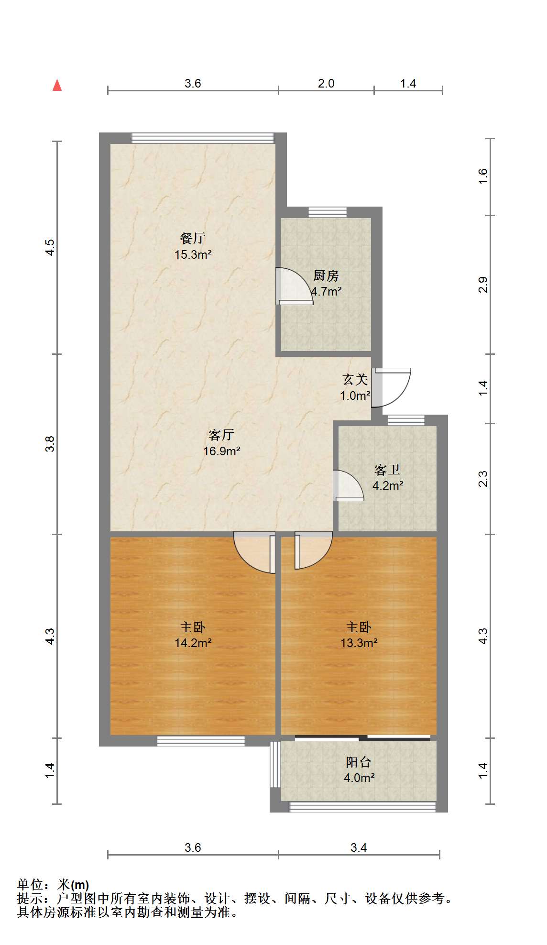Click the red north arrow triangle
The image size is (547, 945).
(x=57, y=85)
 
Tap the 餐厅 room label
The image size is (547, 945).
(x=193, y=238)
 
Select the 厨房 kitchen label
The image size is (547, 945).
(x=326, y=275)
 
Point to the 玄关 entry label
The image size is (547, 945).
(x=355, y=380)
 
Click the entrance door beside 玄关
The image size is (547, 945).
(x=391, y=387)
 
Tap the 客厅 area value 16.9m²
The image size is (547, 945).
(x=222, y=451)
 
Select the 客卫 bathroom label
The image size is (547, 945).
(x=387, y=470)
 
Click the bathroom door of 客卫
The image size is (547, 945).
(x=348, y=485)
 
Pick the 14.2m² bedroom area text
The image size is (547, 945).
(x=193, y=643)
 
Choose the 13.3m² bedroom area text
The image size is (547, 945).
(x=359, y=643)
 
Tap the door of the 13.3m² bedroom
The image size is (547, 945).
(x=313, y=550)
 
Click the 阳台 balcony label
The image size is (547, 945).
(x=359, y=762)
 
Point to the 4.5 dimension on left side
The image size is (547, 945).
(x=50, y=248)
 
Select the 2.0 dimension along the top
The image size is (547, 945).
(x=326, y=84)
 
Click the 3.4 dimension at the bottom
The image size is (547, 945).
(x=359, y=848)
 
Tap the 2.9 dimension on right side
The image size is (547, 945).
(x=483, y=285)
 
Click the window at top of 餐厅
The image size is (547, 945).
(x=203, y=138)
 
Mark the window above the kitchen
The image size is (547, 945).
(x=328, y=212)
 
